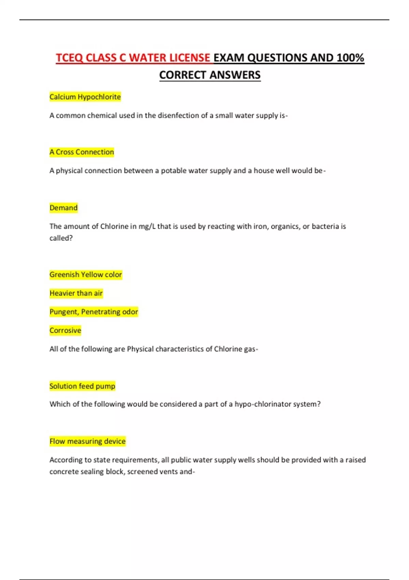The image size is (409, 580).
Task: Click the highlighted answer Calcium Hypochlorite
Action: click(x=85, y=97)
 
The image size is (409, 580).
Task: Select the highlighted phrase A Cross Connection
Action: click(x=81, y=152)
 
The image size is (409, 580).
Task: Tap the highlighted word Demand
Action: click(x=63, y=208)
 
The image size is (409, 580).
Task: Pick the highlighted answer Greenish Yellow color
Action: click(x=86, y=275)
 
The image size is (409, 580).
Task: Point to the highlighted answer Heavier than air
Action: click(x=76, y=293)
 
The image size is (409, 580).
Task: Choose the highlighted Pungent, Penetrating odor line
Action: click(x=94, y=312)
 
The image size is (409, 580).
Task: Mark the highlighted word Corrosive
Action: click(x=65, y=330)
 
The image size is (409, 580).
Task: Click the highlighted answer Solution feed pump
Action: click(x=82, y=386)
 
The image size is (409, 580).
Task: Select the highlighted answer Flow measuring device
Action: click(x=87, y=441)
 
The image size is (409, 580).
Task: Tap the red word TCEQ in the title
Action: click(x=69, y=58)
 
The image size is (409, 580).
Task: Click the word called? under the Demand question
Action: click(x=61, y=238)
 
